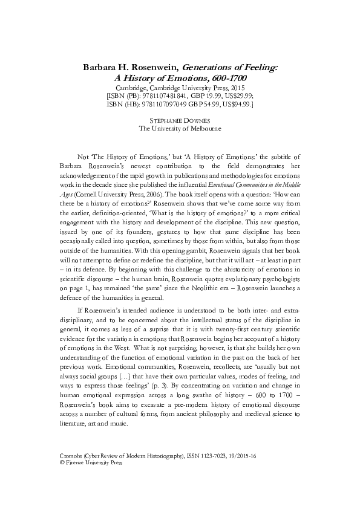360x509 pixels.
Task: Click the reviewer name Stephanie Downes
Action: tap(180, 121)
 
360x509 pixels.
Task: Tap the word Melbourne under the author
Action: tap(204, 129)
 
